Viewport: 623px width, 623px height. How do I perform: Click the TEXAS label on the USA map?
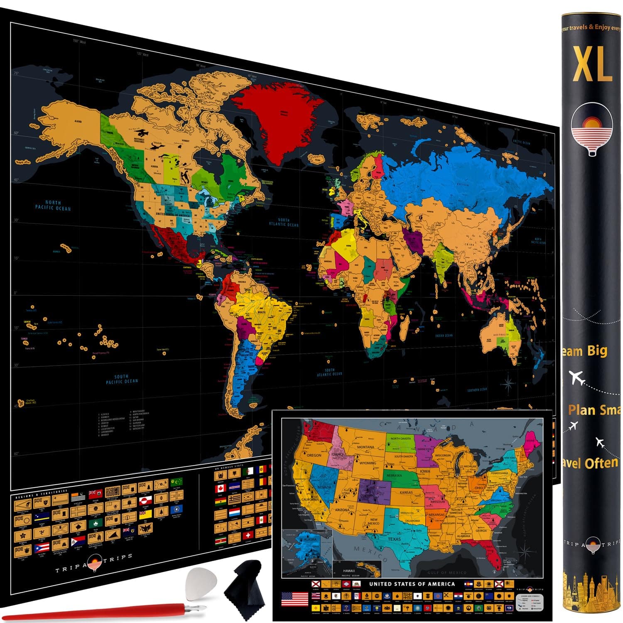coord(394,539)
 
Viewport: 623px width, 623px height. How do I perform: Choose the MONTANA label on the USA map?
coord(365,447)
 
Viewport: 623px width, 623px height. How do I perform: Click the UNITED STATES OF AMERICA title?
coord(412,584)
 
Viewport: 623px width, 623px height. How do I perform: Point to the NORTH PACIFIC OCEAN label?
coord(53,205)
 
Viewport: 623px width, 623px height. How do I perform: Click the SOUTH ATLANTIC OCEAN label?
coord(330,372)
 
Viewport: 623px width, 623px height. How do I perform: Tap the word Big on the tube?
coord(597,351)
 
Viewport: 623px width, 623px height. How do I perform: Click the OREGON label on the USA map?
coord(314,455)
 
